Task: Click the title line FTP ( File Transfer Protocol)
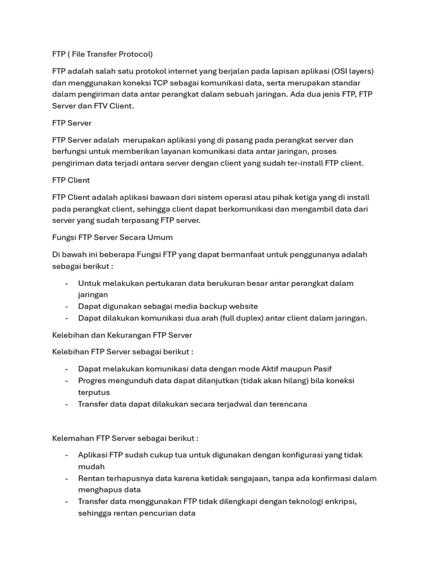pyautogui.click(x=102, y=54)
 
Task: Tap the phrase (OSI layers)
pyautogui.click(x=353, y=71)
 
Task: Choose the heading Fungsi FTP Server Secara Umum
pyautogui.click(x=112, y=238)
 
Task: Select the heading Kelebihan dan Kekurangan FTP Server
pyautogui.click(x=122, y=335)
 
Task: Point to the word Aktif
pyautogui.click(x=273, y=369)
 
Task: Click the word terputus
pyautogui.click(x=94, y=392)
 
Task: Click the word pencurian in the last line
pyautogui.click(x=159, y=513)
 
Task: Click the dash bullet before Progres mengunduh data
pyautogui.click(x=67, y=381)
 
